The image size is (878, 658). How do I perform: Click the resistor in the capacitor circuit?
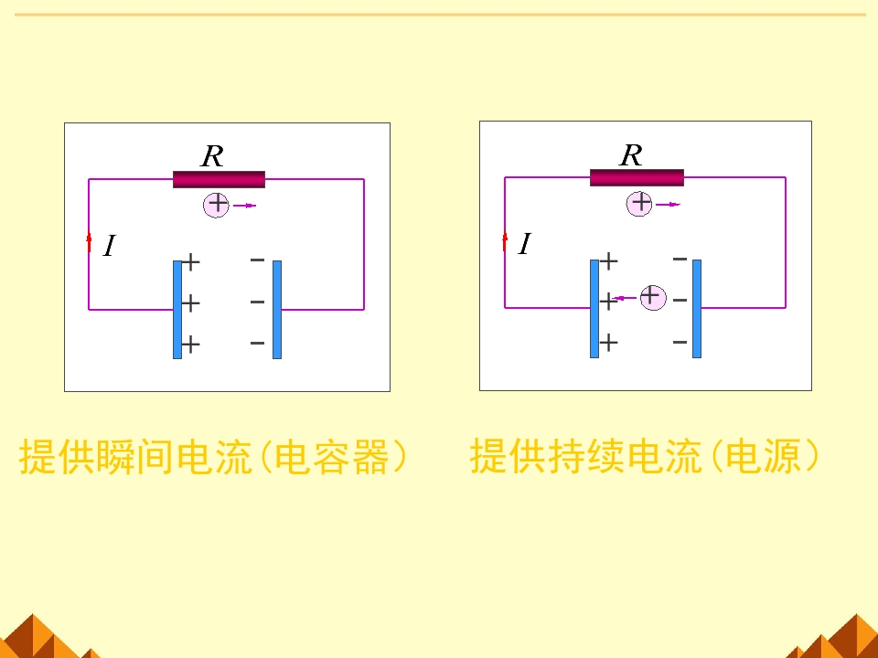coord(219,179)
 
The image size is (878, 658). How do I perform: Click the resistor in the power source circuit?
coord(637,177)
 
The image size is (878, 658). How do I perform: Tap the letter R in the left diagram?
coord(212,156)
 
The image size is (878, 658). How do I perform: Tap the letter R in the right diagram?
coord(631,155)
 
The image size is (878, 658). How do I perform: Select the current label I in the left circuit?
coord(109,246)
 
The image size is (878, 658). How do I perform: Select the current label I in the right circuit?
coord(524,244)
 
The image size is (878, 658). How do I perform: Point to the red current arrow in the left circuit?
coord(89,242)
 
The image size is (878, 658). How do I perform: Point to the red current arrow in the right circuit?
coord(505,240)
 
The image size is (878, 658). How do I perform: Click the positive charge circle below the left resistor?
coord(217,204)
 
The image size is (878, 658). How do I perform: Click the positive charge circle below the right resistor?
coord(641,203)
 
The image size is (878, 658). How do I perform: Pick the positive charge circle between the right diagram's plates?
coord(652,296)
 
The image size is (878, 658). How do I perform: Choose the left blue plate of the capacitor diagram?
coord(177,309)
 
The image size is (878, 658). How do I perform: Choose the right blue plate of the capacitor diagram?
coord(277,309)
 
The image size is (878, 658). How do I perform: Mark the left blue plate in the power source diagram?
coord(594,308)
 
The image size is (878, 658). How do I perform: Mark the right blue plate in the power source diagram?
coord(697,308)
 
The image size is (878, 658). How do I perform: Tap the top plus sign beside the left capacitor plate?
coord(190,263)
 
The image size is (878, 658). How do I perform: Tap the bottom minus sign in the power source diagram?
coord(680,342)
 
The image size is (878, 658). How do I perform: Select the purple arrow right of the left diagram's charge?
coord(244,206)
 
